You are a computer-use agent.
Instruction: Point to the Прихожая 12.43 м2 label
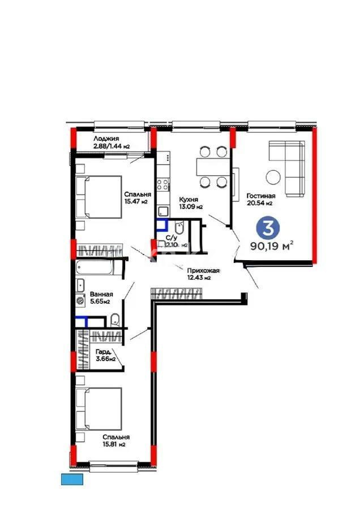coord(199,274)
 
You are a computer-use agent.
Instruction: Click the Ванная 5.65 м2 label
coord(101,297)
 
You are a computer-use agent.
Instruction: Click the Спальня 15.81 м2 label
coord(115,441)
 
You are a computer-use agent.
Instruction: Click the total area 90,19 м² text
coord(271,246)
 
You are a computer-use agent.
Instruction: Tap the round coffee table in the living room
coord(275,177)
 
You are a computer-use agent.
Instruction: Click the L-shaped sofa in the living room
coord(289,167)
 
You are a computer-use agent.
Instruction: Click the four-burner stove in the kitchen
coord(162,184)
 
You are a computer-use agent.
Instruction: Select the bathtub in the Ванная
coord(95,266)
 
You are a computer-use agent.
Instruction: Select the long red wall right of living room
coord(315,195)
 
